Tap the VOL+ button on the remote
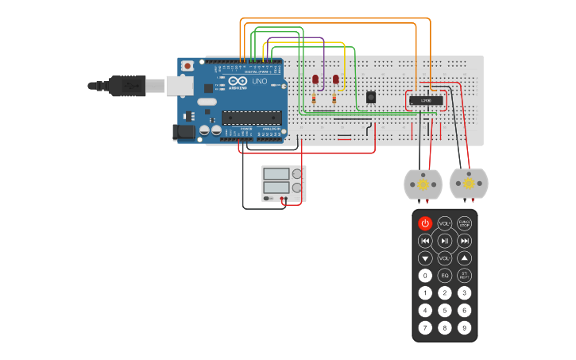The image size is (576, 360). point(445,223)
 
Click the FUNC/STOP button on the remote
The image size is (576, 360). point(465,223)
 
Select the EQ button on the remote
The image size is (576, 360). point(445,276)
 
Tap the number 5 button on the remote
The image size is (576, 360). point(445,310)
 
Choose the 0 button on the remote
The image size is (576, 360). point(425,276)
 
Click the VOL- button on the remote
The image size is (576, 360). point(445,258)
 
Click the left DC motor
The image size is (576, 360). point(423,184)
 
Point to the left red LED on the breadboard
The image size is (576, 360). point(315,79)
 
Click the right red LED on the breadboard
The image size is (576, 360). point(336,79)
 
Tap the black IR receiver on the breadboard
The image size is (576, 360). point(371,97)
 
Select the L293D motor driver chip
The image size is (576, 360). point(426,100)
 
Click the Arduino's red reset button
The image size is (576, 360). point(187,67)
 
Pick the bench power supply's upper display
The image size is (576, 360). point(276,173)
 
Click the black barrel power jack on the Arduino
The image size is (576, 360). point(184,133)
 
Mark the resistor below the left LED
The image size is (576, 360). point(314,99)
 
